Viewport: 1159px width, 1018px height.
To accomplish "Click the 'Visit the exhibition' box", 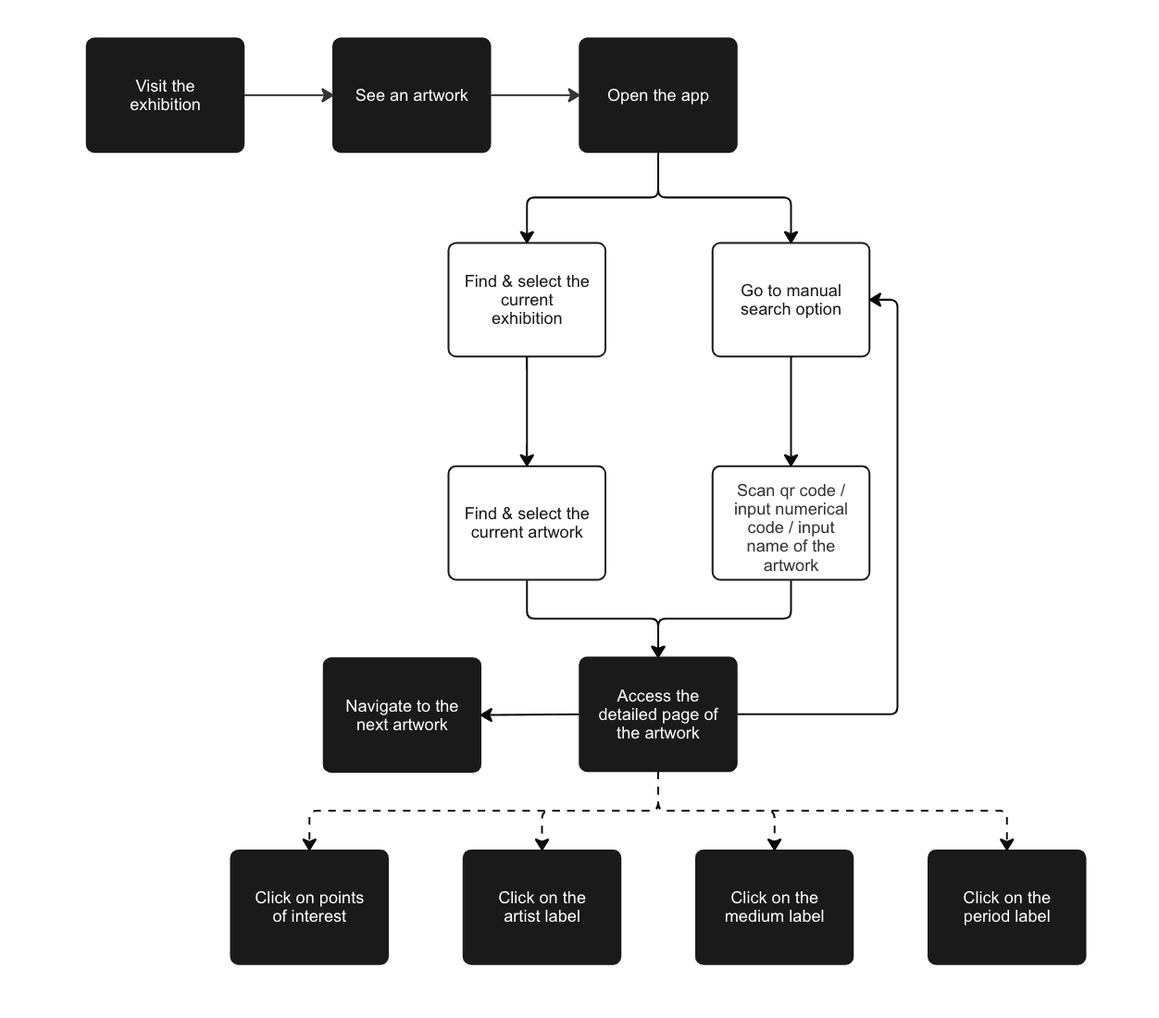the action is [165, 95].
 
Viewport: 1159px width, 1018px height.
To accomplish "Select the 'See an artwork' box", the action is [411, 95].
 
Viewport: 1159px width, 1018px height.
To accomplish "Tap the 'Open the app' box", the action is [658, 95].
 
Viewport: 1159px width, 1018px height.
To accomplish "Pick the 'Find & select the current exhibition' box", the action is [527, 300].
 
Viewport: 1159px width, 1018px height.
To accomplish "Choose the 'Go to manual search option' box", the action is [791, 300].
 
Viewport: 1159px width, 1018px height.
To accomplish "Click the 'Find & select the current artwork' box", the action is [527, 523].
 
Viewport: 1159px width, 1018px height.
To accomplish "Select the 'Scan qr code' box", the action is [791, 523].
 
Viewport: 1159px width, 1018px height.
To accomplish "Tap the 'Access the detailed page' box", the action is [658, 714].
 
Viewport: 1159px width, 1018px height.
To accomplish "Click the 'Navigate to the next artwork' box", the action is [402, 714].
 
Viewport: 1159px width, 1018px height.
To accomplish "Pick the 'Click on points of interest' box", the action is [309, 907].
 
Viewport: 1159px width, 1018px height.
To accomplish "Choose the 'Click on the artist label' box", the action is [542, 907].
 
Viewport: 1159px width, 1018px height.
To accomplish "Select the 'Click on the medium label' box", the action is [774, 907].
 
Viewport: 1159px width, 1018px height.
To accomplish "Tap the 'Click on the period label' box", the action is [1007, 907].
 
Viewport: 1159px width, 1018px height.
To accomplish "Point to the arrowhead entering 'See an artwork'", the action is [328, 95].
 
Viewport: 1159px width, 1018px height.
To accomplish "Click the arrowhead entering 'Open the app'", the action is [574, 95].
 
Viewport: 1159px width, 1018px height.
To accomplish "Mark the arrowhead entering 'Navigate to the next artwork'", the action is [487, 714].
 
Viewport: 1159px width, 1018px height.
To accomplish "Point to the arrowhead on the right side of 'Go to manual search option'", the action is [875, 300].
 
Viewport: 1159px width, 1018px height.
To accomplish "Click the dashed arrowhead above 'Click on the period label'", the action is [1007, 845].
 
